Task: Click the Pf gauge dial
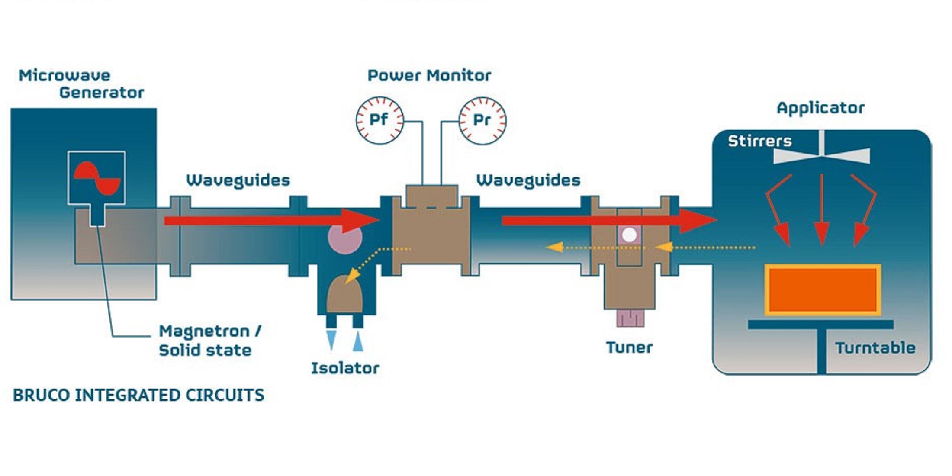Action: point(380,120)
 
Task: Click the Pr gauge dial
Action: point(482,120)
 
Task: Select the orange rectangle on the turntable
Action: point(822,289)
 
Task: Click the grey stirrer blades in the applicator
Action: point(821,155)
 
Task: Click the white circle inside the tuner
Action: point(629,235)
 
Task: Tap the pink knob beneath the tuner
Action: point(630,318)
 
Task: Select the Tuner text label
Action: point(629,347)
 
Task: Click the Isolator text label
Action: point(345,368)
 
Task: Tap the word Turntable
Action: point(875,348)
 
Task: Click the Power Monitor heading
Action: point(429,76)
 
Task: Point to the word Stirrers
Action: point(759,141)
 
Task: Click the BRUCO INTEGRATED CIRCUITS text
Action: point(138,395)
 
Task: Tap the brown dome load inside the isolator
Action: point(344,294)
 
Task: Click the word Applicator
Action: point(820,108)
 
